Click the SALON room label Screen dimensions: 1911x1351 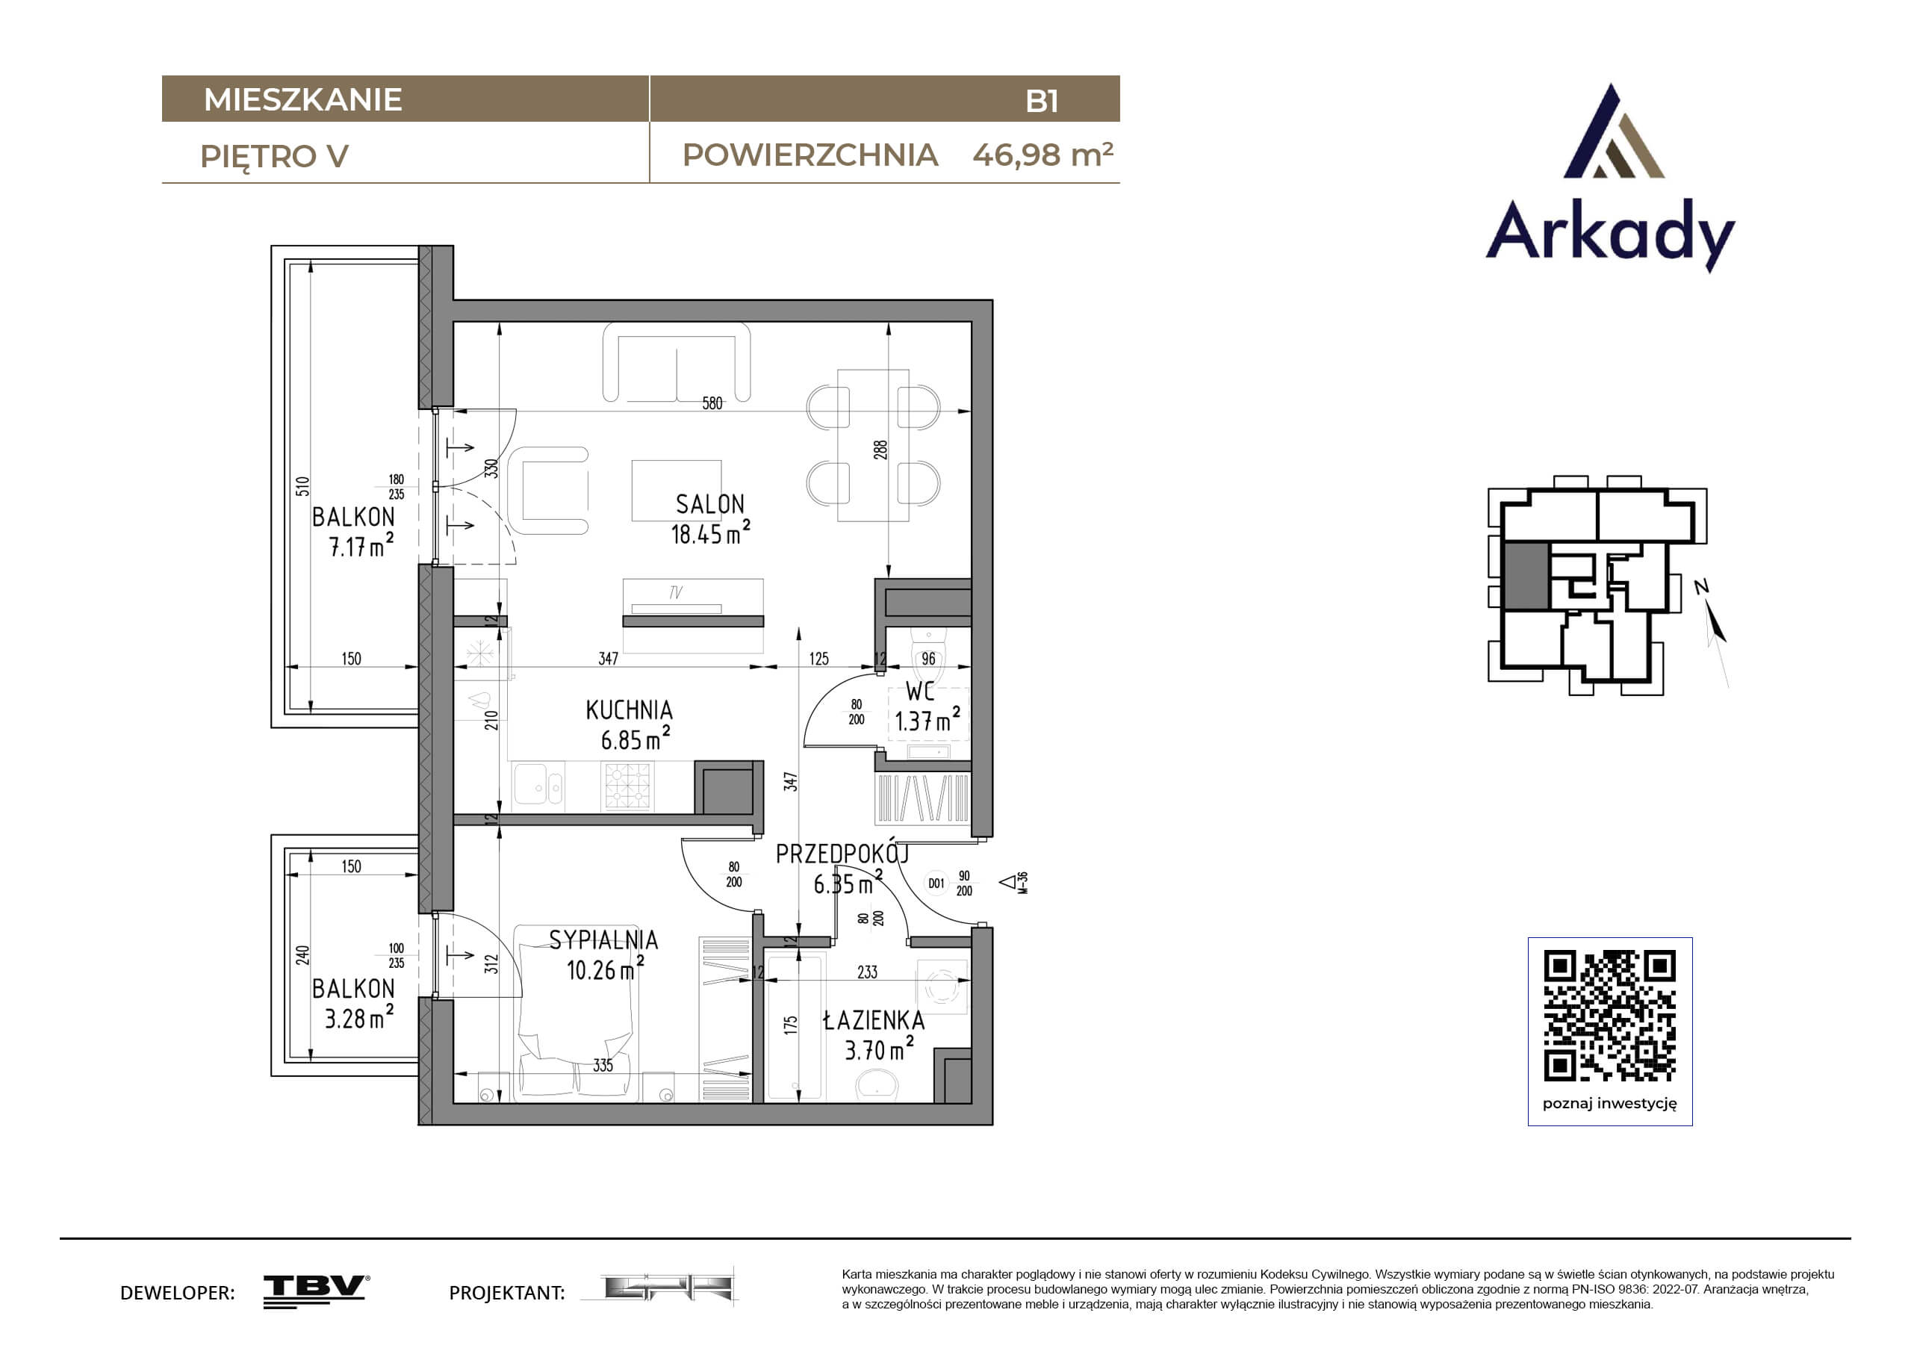tap(710, 504)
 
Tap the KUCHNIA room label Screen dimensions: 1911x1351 tap(630, 710)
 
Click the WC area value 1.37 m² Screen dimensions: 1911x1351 tap(927, 720)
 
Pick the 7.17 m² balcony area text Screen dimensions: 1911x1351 tap(361, 545)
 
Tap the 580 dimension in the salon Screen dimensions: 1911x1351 tap(712, 404)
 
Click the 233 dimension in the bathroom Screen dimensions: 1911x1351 tap(867, 972)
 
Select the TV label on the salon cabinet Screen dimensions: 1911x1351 tap(676, 593)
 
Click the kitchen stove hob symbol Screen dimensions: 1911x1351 tap(628, 786)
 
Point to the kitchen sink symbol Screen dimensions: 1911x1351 tap(538, 786)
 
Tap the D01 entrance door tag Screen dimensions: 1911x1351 tap(936, 883)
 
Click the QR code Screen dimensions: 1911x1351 tap(1610, 1016)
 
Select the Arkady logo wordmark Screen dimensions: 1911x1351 tap(1611, 232)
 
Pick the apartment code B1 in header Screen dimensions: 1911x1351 tap(1042, 101)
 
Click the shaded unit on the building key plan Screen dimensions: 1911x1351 tap(1526, 576)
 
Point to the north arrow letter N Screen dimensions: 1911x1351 tap(1701, 587)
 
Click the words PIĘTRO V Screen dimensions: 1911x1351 tap(274, 157)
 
